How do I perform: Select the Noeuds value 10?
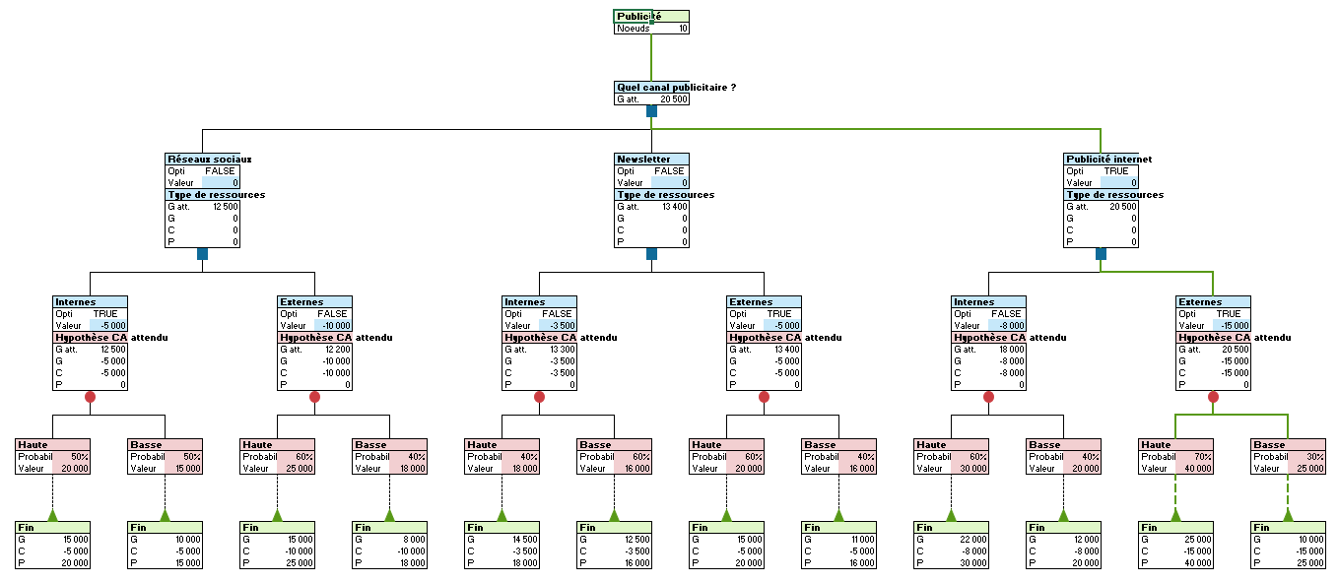coord(683,29)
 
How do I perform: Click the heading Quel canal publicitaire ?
coord(676,88)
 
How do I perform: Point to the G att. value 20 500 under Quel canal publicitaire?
coord(674,99)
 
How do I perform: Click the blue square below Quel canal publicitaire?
coord(651,111)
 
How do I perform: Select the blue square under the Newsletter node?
coord(651,254)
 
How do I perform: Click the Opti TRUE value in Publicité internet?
coord(1116,170)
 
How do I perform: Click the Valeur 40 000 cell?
coord(1194,468)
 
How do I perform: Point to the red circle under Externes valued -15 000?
coord(1213,397)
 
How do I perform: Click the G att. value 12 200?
coord(335,349)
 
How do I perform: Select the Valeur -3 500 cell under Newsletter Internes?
coord(559,325)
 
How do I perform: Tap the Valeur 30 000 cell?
coord(970,468)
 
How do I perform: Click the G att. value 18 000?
coord(1009,349)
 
